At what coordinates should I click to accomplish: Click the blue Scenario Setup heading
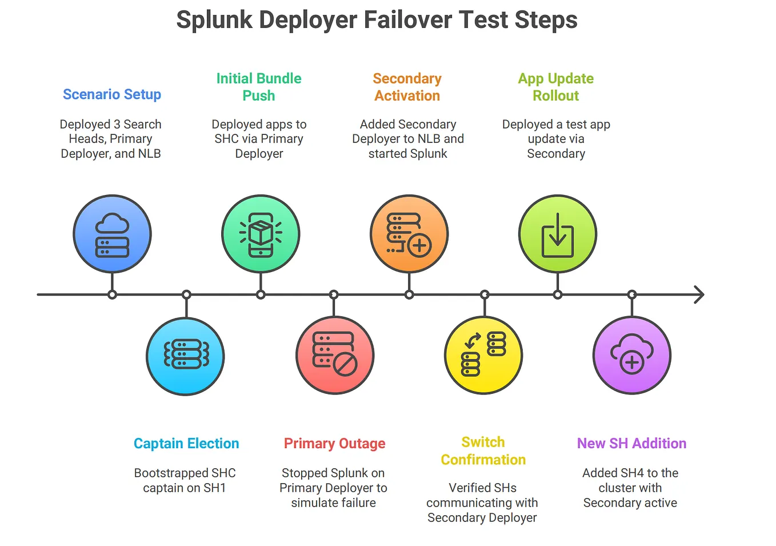[112, 94]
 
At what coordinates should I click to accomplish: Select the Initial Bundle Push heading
[259, 87]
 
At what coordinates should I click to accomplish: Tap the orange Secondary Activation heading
[407, 87]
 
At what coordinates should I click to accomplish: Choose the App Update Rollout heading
[555, 87]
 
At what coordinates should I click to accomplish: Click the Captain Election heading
[186, 444]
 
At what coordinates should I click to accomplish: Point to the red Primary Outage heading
[334, 444]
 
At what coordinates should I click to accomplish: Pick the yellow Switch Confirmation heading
[483, 451]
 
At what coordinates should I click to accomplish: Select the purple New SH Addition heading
[631, 444]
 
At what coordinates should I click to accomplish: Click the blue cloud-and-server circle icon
[112, 234]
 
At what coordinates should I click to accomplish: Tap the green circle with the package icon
[261, 234]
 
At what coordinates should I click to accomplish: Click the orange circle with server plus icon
[409, 234]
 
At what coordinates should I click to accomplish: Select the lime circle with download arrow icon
[558, 234]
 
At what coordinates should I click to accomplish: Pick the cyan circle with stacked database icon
[186, 356]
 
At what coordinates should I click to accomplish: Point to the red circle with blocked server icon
[335, 355]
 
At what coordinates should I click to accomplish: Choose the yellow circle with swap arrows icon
[483, 355]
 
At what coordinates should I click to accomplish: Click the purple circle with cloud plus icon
[632, 355]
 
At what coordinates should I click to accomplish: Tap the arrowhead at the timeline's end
[699, 294]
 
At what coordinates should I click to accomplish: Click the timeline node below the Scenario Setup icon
[112, 294]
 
